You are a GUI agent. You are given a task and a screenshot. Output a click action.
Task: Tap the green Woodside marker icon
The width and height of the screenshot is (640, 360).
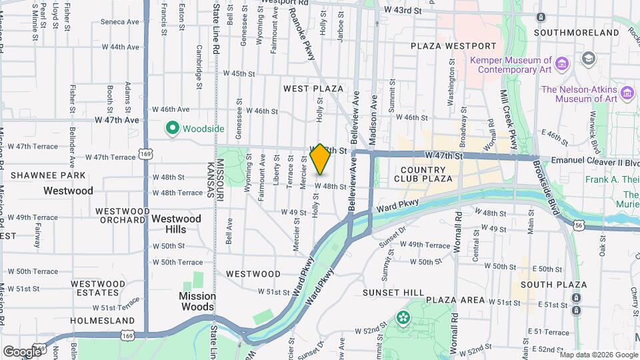click(172, 128)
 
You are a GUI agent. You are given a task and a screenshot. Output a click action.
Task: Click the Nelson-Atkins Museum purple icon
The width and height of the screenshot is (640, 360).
click(626, 94)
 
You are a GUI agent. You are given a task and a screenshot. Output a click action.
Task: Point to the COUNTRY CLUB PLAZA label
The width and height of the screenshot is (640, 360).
click(423, 174)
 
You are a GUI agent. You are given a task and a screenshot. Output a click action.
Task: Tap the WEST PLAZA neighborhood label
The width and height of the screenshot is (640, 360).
click(313, 88)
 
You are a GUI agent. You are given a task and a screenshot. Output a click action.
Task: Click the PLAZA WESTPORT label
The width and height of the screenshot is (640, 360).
click(453, 46)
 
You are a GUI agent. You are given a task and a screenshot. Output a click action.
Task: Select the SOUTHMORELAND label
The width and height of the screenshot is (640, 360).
click(577, 32)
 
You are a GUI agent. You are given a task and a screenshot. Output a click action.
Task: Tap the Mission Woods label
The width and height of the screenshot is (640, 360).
click(197, 301)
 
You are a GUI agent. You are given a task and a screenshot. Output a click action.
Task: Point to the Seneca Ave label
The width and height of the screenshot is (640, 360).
click(120, 21)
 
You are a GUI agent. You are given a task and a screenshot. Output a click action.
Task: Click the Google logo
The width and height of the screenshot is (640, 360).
click(21, 351)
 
